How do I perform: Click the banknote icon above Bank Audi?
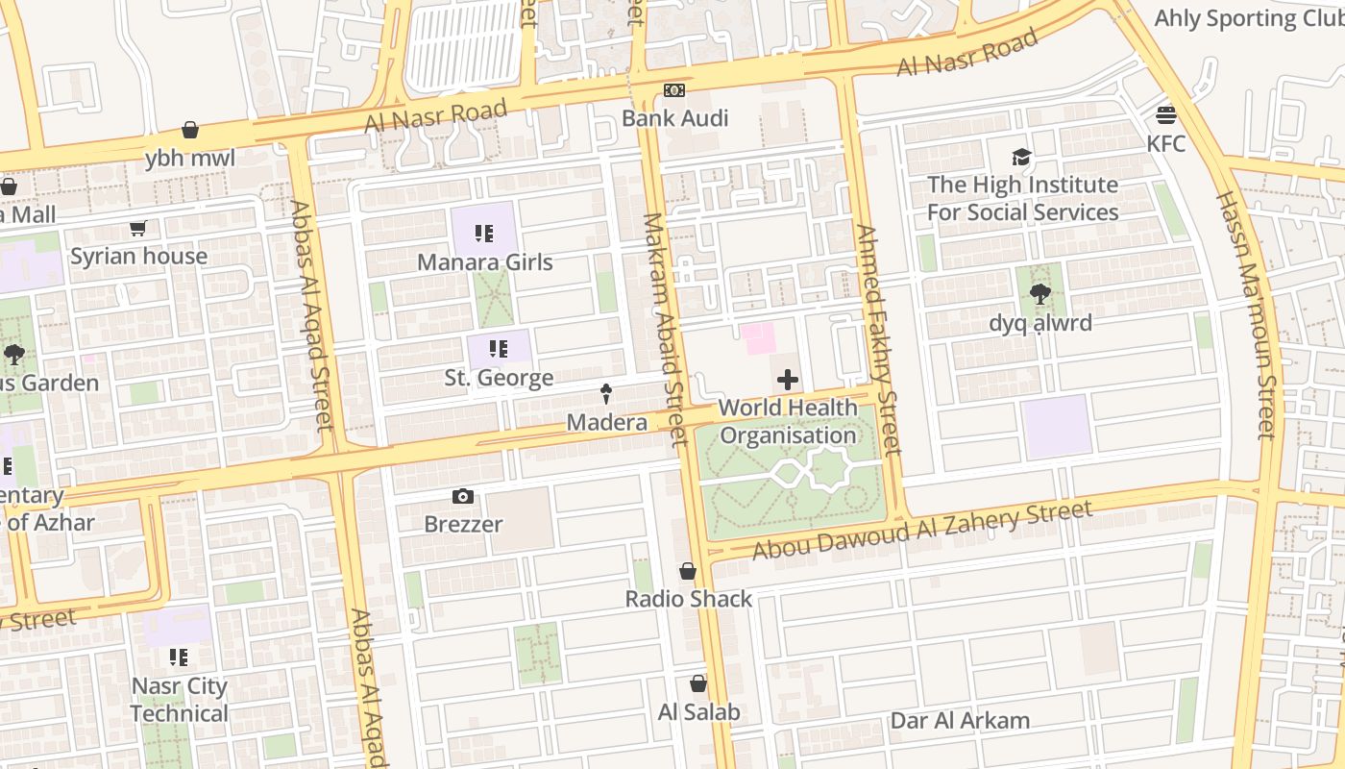pyautogui.click(x=674, y=90)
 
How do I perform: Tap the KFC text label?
pyautogui.click(x=1166, y=144)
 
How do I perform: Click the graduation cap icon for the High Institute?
pyautogui.click(x=1021, y=157)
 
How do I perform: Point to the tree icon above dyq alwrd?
pyautogui.click(x=1040, y=294)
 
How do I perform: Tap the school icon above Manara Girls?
pyautogui.click(x=484, y=234)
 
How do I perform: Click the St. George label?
pyautogui.click(x=499, y=379)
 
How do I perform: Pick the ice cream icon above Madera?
pyautogui.click(x=606, y=394)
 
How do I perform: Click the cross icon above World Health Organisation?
pyautogui.click(x=788, y=380)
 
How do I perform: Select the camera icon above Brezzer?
pyautogui.click(x=463, y=496)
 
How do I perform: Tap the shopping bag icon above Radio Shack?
pyautogui.click(x=688, y=571)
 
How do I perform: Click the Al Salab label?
pyautogui.click(x=699, y=712)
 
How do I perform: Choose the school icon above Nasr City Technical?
pyautogui.click(x=179, y=657)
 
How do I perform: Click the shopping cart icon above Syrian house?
pyautogui.click(x=137, y=229)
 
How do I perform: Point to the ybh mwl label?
pyautogui.click(x=190, y=159)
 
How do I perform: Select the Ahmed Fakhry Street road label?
pyautogui.click(x=878, y=338)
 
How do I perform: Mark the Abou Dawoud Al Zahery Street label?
pyautogui.click(x=922, y=530)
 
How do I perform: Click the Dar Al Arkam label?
pyautogui.click(x=960, y=721)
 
